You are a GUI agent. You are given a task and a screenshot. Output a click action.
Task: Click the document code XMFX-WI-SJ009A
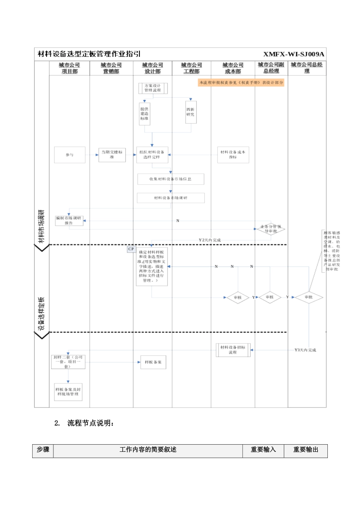coord(294,54)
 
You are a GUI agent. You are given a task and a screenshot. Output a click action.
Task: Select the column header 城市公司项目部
coord(69,68)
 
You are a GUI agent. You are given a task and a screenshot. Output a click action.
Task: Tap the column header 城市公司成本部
coord(233,68)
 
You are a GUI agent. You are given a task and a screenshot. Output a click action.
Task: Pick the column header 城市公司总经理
coord(307,68)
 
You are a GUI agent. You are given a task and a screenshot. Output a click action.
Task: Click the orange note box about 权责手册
coord(241,83)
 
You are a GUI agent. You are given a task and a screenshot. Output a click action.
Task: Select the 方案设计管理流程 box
coord(153,88)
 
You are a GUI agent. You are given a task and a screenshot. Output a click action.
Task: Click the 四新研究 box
coord(191,112)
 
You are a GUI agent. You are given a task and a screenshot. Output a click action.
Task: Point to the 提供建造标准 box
coord(144,114)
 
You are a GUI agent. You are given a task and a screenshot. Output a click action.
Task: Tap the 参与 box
coord(70,155)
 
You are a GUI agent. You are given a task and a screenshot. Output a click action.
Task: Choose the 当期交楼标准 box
coord(112,155)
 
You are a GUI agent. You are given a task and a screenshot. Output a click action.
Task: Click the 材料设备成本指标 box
coord(233,155)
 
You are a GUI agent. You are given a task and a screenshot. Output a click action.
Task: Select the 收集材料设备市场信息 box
coord(171,179)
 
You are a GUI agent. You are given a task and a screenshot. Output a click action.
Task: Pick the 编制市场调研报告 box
coord(69,221)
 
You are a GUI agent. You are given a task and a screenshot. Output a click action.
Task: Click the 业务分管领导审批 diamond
coord(271,229)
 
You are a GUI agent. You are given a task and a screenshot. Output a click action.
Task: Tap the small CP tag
coord(131,249)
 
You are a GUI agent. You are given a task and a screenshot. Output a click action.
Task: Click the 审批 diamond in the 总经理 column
coord(308,297)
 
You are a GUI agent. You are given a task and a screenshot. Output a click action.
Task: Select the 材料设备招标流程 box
coord(233,350)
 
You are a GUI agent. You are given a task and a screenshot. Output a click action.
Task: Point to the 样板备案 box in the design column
coord(153,362)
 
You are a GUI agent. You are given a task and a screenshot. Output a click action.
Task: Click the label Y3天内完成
coord(305,350)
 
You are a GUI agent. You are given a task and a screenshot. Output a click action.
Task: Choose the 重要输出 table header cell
coord(305,450)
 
